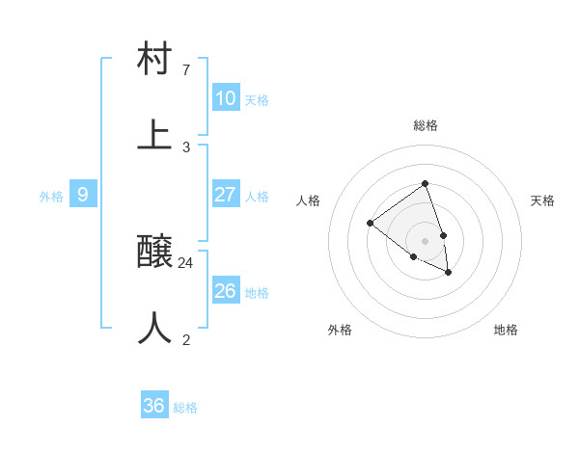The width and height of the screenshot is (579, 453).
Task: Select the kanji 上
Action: point(155,135)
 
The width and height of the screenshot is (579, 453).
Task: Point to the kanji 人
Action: point(155,328)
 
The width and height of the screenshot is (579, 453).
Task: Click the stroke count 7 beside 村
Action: point(186,70)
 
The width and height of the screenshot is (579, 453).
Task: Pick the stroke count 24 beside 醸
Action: point(186,262)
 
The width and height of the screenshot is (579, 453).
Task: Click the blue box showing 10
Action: point(226,98)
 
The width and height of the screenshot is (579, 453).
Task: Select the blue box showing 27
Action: point(226,195)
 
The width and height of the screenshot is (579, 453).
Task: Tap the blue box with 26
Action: point(226,291)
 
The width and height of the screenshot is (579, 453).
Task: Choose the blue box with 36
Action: point(154,406)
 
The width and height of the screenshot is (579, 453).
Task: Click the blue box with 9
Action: point(83,195)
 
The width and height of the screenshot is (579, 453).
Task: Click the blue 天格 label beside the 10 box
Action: point(257,100)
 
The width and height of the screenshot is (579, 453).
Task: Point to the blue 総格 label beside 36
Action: point(185,408)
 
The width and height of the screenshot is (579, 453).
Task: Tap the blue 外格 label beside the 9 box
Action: point(51,197)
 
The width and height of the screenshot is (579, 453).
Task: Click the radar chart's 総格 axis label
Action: point(426,125)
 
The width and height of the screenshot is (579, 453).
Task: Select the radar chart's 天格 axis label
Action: point(542,200)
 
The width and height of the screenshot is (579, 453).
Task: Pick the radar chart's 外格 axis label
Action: point(340,330)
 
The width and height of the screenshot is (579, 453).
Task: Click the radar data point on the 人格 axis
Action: point(370,223)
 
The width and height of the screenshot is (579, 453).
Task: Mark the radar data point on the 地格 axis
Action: point(449,273)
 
